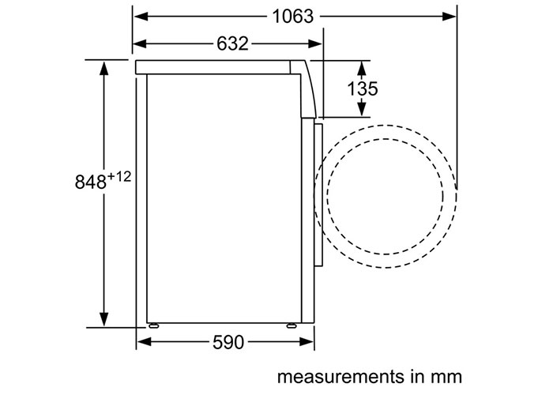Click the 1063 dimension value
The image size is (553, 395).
pyautogui.click(x=293, y=17)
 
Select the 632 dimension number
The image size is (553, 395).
pyautogui.click(x=232, y=43)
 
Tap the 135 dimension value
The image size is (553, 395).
pyautogui.click(x=362, y=88)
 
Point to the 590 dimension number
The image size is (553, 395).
pyautogui.click(x=228, y=342)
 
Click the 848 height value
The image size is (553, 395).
pyautogui.click(x=90, y=182)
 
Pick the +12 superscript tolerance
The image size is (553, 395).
pyautogui.click(x=118, y=177)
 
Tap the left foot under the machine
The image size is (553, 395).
pyautogui.click(x=153, y=325)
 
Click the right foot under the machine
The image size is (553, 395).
pyautogui.click(x=292, y=325)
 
